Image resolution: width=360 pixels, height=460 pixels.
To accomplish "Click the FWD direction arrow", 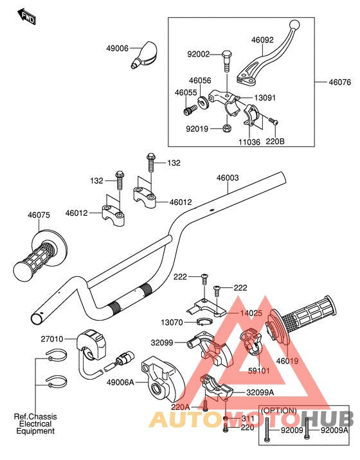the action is pos(27,16).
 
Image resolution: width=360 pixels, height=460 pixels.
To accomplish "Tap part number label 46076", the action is pos(339,82).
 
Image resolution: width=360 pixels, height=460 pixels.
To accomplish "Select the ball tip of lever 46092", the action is pos(294,24).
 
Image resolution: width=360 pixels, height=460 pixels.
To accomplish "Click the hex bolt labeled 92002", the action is pos(226,61).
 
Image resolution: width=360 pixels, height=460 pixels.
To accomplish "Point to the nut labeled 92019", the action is pos(226,128).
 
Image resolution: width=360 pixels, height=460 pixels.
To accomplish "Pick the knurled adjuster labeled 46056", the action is pos(203,102).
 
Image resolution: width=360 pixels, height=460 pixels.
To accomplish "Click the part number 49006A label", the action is pos(120,382).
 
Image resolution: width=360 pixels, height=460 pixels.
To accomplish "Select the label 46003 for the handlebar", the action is pos(228,178).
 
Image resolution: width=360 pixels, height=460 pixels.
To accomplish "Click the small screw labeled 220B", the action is pos(273,121).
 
